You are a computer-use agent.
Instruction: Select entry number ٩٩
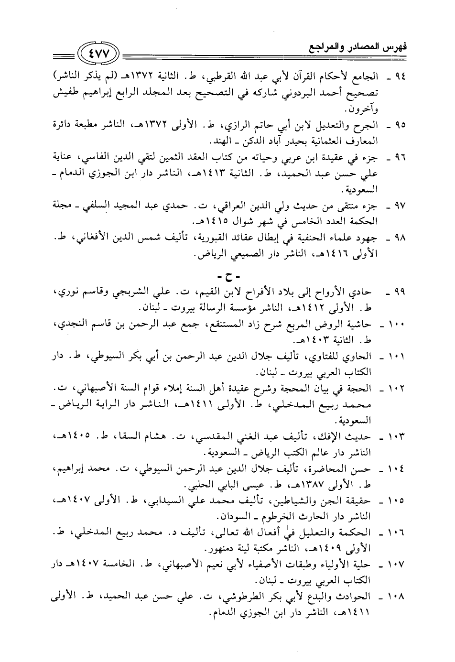point(398,291)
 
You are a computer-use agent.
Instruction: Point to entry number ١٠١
point(396,357)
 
